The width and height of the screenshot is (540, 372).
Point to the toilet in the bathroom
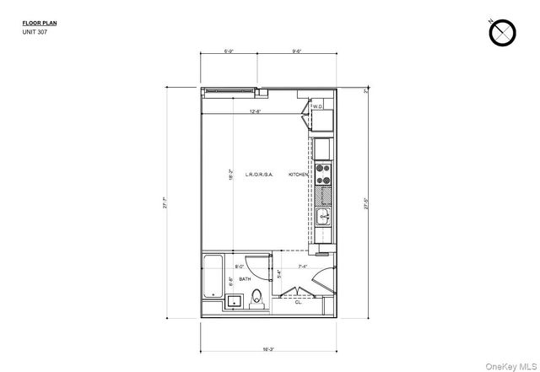coord(259,298)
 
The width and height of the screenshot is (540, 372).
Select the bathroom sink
coord(234,300)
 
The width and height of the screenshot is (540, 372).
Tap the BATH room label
coord(245,279)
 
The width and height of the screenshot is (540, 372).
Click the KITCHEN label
coord(299,175)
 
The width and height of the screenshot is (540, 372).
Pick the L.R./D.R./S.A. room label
coord(259,175)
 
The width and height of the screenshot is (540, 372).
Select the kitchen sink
coord(323,218)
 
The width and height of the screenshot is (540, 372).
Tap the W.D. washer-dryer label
coord(318,107)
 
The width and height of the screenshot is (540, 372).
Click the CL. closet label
coord(298,302)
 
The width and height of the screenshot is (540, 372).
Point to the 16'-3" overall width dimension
coord(267,348)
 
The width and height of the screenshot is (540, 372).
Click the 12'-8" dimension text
coord(255,111)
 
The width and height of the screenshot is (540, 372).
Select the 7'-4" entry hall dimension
coord(302,267)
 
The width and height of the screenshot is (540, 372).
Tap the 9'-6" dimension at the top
coord(297,51)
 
